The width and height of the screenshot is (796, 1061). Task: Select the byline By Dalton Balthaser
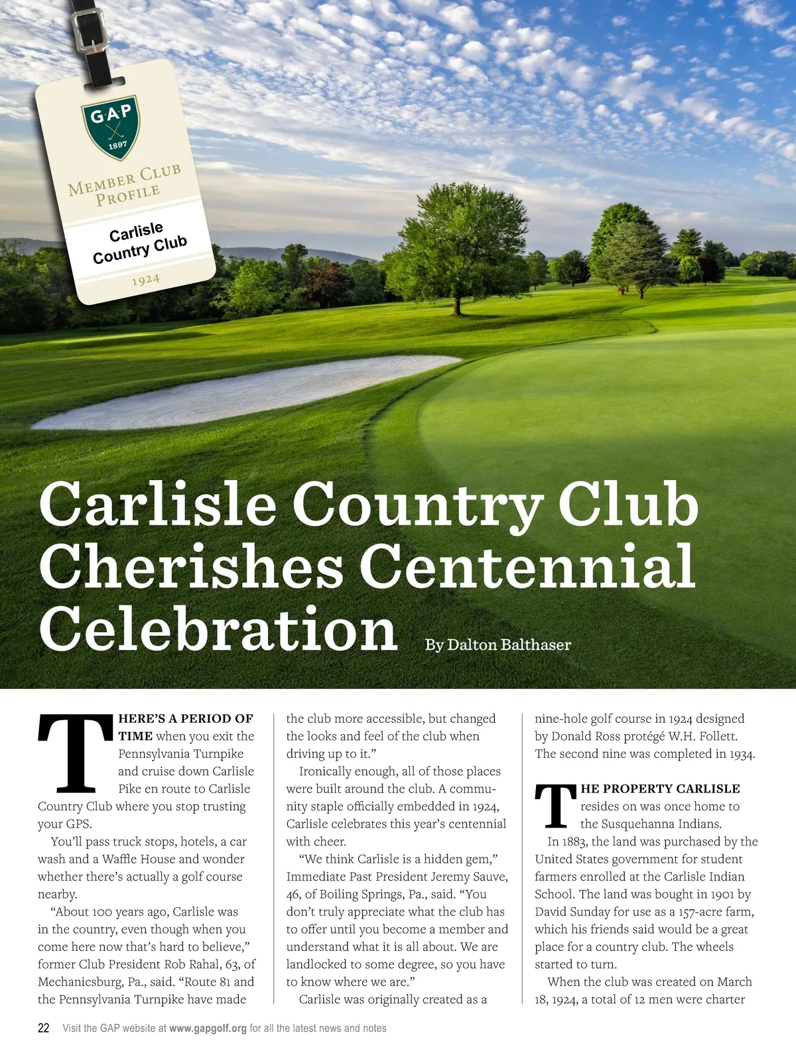point(497,645)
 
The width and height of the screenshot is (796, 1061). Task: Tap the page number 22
point(44,1029)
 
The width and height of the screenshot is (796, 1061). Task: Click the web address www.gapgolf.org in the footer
point(208,1029)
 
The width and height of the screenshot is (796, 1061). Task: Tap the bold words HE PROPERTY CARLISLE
point(660,788)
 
